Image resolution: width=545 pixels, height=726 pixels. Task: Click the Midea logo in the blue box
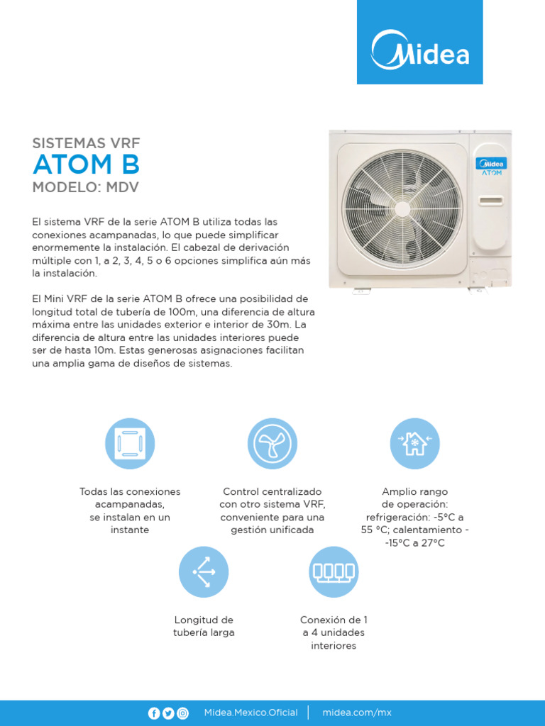pos(420,48)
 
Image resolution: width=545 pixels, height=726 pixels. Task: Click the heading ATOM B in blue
pos(86,164)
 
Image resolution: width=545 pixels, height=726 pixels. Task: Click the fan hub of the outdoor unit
pos(402,209)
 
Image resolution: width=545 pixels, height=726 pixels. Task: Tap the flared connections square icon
pos(130,443)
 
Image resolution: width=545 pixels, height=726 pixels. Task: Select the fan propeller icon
pos(272,443)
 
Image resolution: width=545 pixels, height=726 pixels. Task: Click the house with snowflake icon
pos(414,443)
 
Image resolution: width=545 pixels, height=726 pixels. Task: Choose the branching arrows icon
pos(203,571)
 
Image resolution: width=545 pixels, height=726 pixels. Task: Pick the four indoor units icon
pos(334,571)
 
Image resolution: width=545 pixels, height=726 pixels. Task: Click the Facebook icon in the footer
pos(154,713)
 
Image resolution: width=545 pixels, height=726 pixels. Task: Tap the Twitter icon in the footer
pos(168,713)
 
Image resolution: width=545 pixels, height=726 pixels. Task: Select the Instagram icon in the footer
pos(182,713)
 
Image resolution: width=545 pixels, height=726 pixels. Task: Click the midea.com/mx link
pos(357,713)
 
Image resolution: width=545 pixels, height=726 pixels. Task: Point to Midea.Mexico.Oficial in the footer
pos(251,713)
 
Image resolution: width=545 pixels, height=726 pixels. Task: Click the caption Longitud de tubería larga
pos(204,626)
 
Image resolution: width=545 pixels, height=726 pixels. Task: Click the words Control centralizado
pos(272,491)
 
